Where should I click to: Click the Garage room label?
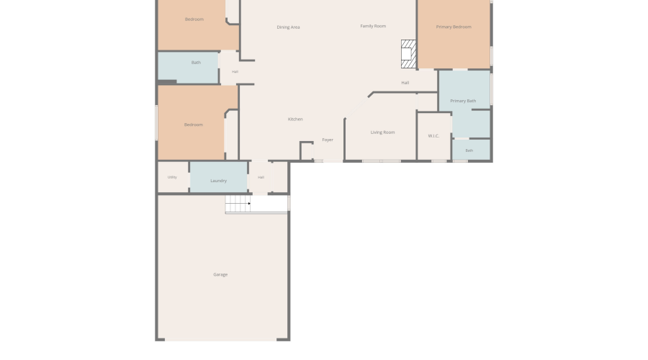220,274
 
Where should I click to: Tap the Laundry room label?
219,181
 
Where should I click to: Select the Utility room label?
172,177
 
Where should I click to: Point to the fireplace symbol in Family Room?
408,54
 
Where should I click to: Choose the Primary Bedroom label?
454,27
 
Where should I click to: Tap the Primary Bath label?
463,101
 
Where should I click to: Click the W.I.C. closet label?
433,136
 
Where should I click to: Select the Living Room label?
382,132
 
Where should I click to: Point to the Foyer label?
328,140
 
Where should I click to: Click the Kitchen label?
295,119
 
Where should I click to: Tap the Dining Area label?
288,27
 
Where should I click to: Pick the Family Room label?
373,26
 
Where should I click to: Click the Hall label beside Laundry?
261,177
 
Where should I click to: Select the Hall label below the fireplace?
405,83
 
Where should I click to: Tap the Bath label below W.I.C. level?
469,150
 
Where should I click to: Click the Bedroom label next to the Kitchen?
194,125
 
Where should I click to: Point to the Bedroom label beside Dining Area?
194,19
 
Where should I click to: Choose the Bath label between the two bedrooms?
196,63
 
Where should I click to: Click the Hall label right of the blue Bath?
235,72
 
